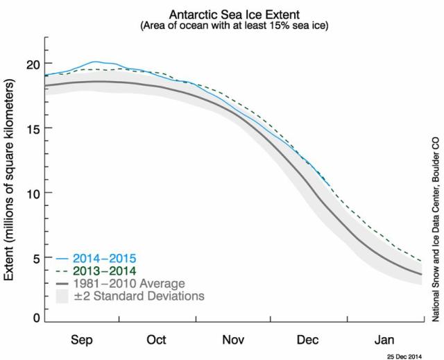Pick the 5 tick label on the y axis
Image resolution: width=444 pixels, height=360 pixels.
pyautogui.click(x=33, y=257)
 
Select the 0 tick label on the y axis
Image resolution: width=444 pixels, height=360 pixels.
pyautogui.click(x=33, y=318)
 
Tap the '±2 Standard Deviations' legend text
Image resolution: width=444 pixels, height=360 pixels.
pyautogui.click(x=137, y=297)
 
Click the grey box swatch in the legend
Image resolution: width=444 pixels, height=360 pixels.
pyautogui.click(x=62, y=297)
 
